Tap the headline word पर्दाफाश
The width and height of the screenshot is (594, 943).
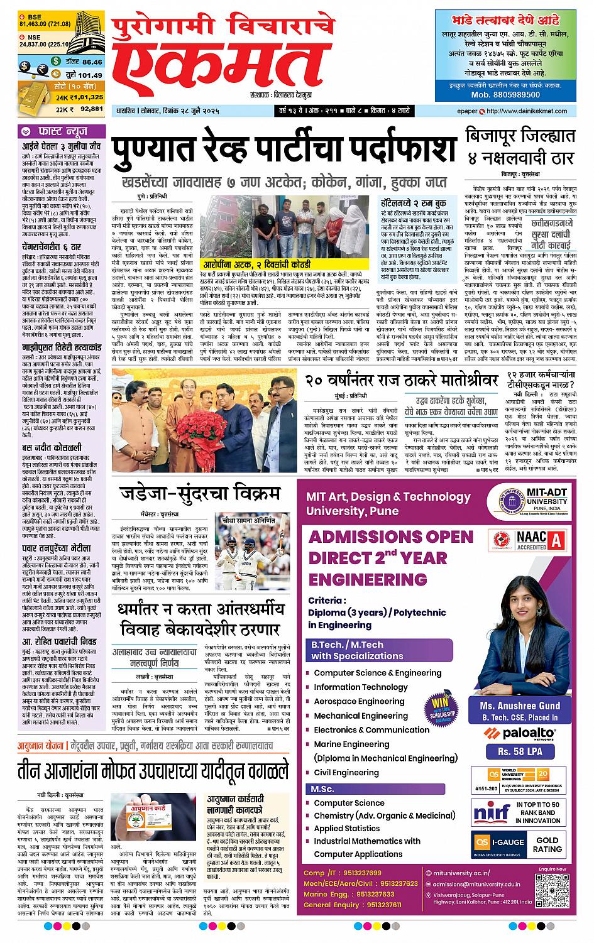point(392,148)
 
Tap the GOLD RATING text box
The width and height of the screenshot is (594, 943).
point(547,844)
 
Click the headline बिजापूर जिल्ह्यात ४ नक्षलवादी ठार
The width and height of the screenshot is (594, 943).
point(520,144)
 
